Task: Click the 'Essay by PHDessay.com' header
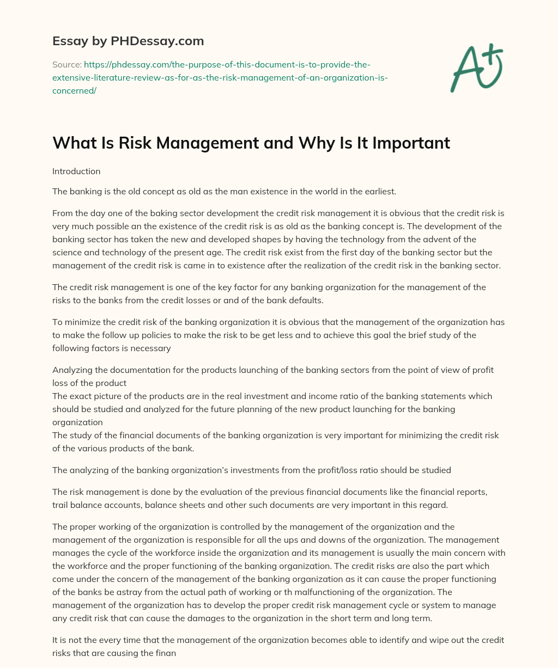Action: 128,40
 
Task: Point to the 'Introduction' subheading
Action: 76,171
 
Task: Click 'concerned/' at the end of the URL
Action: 74,91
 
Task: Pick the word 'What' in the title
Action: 70,143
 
